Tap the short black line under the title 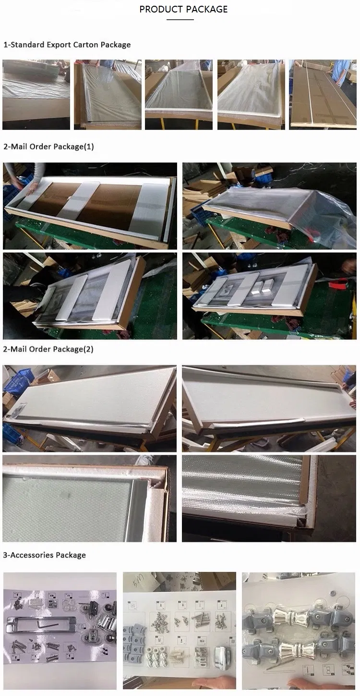pos(180,20)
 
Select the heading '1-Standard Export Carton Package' pos(67,45)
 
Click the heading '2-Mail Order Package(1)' pos(48,147)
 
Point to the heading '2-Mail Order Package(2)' pos(48,349)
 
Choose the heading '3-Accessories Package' pos(45,555)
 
